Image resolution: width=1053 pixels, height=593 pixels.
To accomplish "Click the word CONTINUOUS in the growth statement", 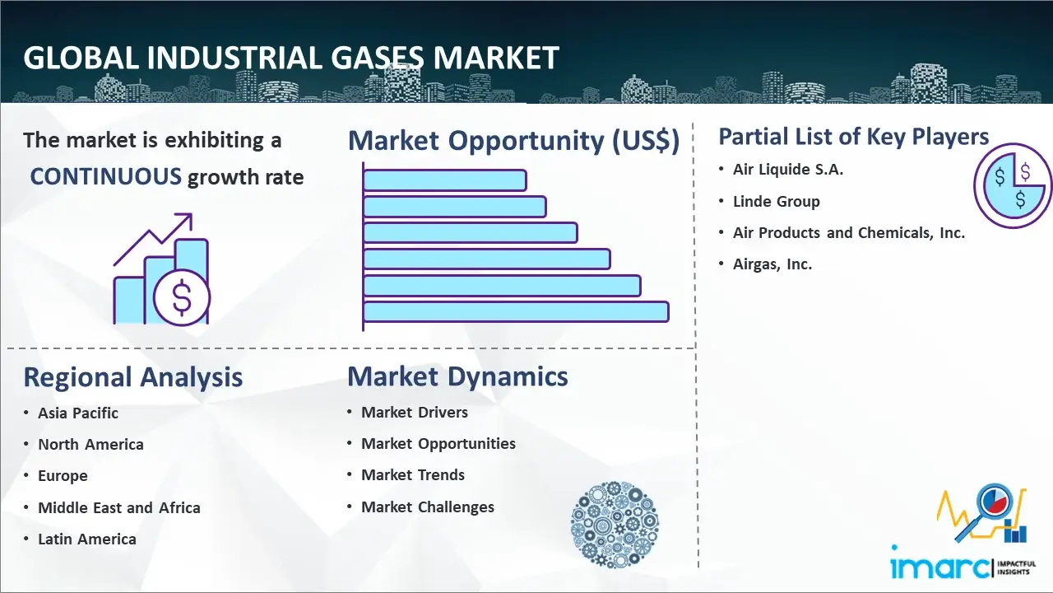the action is click(106, 177).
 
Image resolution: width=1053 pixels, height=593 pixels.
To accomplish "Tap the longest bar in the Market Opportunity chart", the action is click(516, 311).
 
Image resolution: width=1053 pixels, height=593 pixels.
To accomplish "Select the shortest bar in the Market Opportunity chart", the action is click(445, 180).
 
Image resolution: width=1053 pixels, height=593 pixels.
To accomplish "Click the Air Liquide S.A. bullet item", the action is click(788, 170).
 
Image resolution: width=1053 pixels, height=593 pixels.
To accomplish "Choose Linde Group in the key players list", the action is click(776, 202).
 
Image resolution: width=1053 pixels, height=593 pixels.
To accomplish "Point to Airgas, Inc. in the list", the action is click(772, 264).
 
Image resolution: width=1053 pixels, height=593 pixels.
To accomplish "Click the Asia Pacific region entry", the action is click(78, 413).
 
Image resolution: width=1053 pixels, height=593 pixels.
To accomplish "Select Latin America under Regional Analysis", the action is click(87, 539).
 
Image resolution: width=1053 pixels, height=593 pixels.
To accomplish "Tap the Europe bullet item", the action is click(63, 476).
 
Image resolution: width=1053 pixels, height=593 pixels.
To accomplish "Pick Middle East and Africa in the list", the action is click(119, 507).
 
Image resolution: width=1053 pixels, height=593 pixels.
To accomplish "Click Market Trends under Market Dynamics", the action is click(413, 475).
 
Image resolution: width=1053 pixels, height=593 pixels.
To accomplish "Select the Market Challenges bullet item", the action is click(427, 507).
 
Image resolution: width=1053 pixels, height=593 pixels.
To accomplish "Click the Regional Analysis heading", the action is click(133, 377).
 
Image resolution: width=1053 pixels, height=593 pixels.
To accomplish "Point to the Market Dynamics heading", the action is click(457, 376).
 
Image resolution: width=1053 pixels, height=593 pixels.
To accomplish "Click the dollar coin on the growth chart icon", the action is click(182, 298).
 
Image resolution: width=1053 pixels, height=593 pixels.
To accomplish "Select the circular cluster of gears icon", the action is click(615, 525).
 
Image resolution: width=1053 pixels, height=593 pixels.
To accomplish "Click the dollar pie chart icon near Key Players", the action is click(1013, 186).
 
